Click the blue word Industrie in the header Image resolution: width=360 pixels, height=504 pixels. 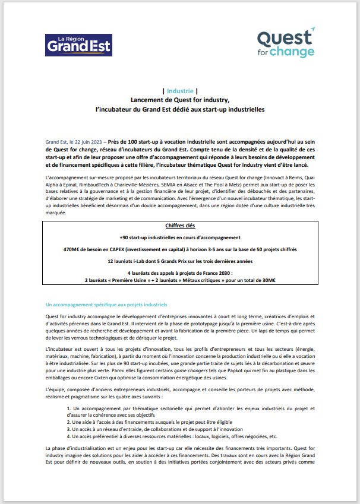(180, 91)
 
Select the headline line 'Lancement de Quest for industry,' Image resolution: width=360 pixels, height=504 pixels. (180, 100)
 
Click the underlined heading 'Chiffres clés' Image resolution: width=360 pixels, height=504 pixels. (180, 226)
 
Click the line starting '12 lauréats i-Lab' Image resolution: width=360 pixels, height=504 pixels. (180, 261)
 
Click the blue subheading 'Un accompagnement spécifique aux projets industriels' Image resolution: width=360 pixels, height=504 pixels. (106, 305)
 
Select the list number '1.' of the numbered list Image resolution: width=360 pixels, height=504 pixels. (69, 409)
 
